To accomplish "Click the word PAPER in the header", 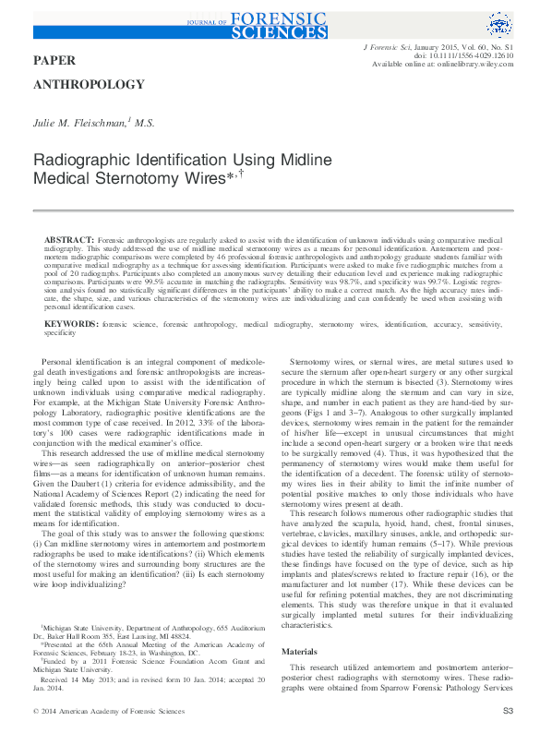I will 55,59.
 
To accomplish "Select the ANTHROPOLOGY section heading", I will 89,85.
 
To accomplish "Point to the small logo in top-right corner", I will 499,24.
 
